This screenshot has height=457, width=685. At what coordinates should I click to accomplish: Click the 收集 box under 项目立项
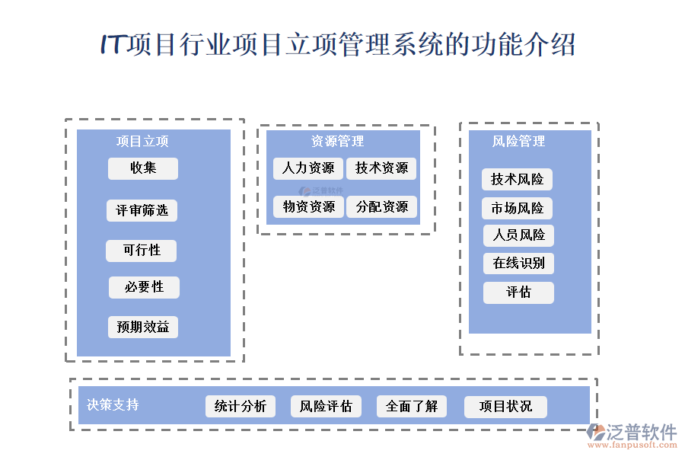pos(143,168)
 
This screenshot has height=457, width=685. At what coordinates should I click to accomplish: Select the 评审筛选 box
pos(142,210)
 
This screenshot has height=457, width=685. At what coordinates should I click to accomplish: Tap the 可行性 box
pos(142,251)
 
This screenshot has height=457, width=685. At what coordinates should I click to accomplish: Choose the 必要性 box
pos(145,287)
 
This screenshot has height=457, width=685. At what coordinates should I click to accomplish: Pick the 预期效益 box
pos(143,328)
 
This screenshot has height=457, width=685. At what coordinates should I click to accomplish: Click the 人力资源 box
pos(307,168)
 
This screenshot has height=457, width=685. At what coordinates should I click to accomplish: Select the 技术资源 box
pos(381,168)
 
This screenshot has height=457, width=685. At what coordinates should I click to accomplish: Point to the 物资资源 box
pos(307,206)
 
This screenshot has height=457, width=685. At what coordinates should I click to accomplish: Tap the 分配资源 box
pos(381,206)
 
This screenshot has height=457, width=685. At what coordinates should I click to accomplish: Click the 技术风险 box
pos(517,180)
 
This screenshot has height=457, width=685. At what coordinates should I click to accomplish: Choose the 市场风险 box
pos(517,208)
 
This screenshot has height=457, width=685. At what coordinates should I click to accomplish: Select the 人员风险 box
pos(518,235)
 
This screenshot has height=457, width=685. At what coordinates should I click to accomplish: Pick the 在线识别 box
pos(518,264)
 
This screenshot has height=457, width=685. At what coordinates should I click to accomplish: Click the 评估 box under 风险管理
pos(518,292)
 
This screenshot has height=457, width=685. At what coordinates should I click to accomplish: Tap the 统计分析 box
pos(241,407)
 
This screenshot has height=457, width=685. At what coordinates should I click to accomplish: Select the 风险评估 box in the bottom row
pos(326,407)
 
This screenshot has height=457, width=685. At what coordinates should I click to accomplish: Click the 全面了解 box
pos(412,407)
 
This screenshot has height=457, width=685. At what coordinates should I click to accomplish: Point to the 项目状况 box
pos(505,407)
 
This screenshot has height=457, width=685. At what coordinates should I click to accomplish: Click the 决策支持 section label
pos(113,405)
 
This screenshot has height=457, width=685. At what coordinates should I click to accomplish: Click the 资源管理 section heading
pos(337,142)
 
